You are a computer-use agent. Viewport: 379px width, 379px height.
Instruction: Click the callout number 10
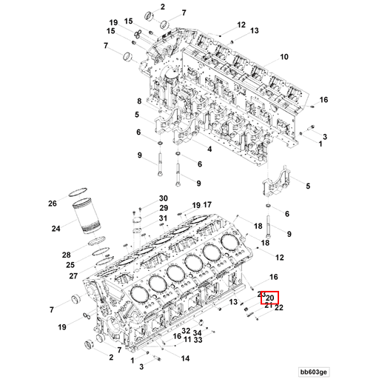tap(283, 57)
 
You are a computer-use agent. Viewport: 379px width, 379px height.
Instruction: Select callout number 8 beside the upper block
tap(138, 101)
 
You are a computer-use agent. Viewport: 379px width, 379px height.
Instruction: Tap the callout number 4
tap(209, 149)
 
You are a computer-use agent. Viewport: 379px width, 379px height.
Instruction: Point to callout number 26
tap(53, 204)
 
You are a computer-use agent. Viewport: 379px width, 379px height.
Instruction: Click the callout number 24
tap(56, 229)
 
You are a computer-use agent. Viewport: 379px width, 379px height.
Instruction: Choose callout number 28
tap(66, 254)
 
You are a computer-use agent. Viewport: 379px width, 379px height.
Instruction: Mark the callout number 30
tap(164, 198)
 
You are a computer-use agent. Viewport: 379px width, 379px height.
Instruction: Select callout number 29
tap(164, 209)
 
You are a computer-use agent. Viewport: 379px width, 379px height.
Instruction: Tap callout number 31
tap(164, 218)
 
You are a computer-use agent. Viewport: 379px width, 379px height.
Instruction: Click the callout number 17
tap(208, 204)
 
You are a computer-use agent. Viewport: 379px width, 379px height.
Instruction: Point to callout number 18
tap(258, 225)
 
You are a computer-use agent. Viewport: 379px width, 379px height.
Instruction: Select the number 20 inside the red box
tap(270, 298)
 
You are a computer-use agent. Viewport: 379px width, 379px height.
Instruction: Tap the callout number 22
tap(279, 307)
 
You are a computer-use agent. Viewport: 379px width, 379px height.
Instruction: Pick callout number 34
tap(198, 332)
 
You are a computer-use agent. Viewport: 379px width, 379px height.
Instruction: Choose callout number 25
tap(70, 264)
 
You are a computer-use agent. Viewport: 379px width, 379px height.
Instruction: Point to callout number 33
tap(198, 341)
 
